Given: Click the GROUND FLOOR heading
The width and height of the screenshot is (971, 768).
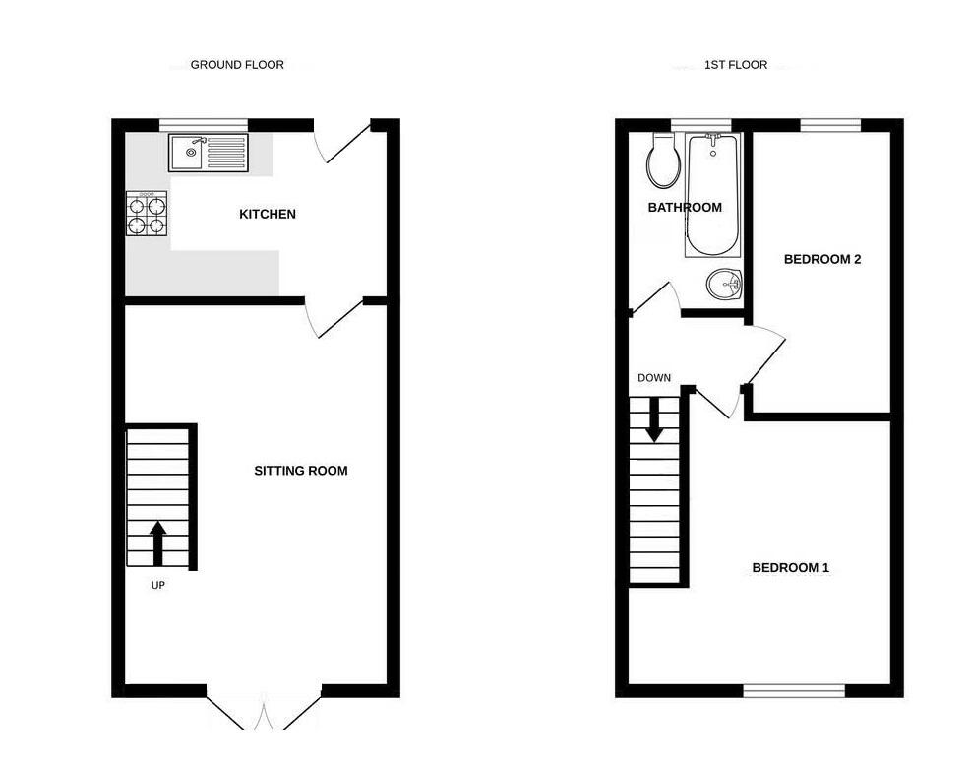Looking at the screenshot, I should tap(237, 65).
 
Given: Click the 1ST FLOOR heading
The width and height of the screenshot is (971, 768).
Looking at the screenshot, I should tap(735, 65).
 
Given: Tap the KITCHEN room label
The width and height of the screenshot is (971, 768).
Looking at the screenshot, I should tap(268, 214).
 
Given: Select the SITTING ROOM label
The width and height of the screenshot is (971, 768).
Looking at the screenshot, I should tap(300, 471).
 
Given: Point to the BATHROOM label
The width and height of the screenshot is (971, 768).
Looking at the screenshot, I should tap(684, 208).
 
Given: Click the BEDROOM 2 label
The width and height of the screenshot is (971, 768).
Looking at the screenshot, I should tap(821, 260).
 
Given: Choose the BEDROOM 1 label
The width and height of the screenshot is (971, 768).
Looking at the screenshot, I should tap(790, 568).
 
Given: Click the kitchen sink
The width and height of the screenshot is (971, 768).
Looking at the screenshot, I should tap(208, 152).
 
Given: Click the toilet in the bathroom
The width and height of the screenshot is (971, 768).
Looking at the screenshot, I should tap(662, 162).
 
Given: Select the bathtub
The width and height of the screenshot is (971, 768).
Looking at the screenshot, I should tap(710, 194).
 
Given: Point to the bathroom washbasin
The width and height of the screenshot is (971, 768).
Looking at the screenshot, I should tap(724, 286).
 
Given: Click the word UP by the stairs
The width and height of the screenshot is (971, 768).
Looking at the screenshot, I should tap(157, 585).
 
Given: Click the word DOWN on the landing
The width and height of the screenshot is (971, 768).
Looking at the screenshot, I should tap(654, 378).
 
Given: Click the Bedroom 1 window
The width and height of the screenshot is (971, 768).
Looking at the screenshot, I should tap(794, 691).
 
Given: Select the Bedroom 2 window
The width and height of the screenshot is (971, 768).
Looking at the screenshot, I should tap(829, 124).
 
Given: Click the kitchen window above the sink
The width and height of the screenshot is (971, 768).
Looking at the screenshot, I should tap(204, 124).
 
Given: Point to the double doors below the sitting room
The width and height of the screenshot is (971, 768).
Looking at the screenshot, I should tap(264, 711).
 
